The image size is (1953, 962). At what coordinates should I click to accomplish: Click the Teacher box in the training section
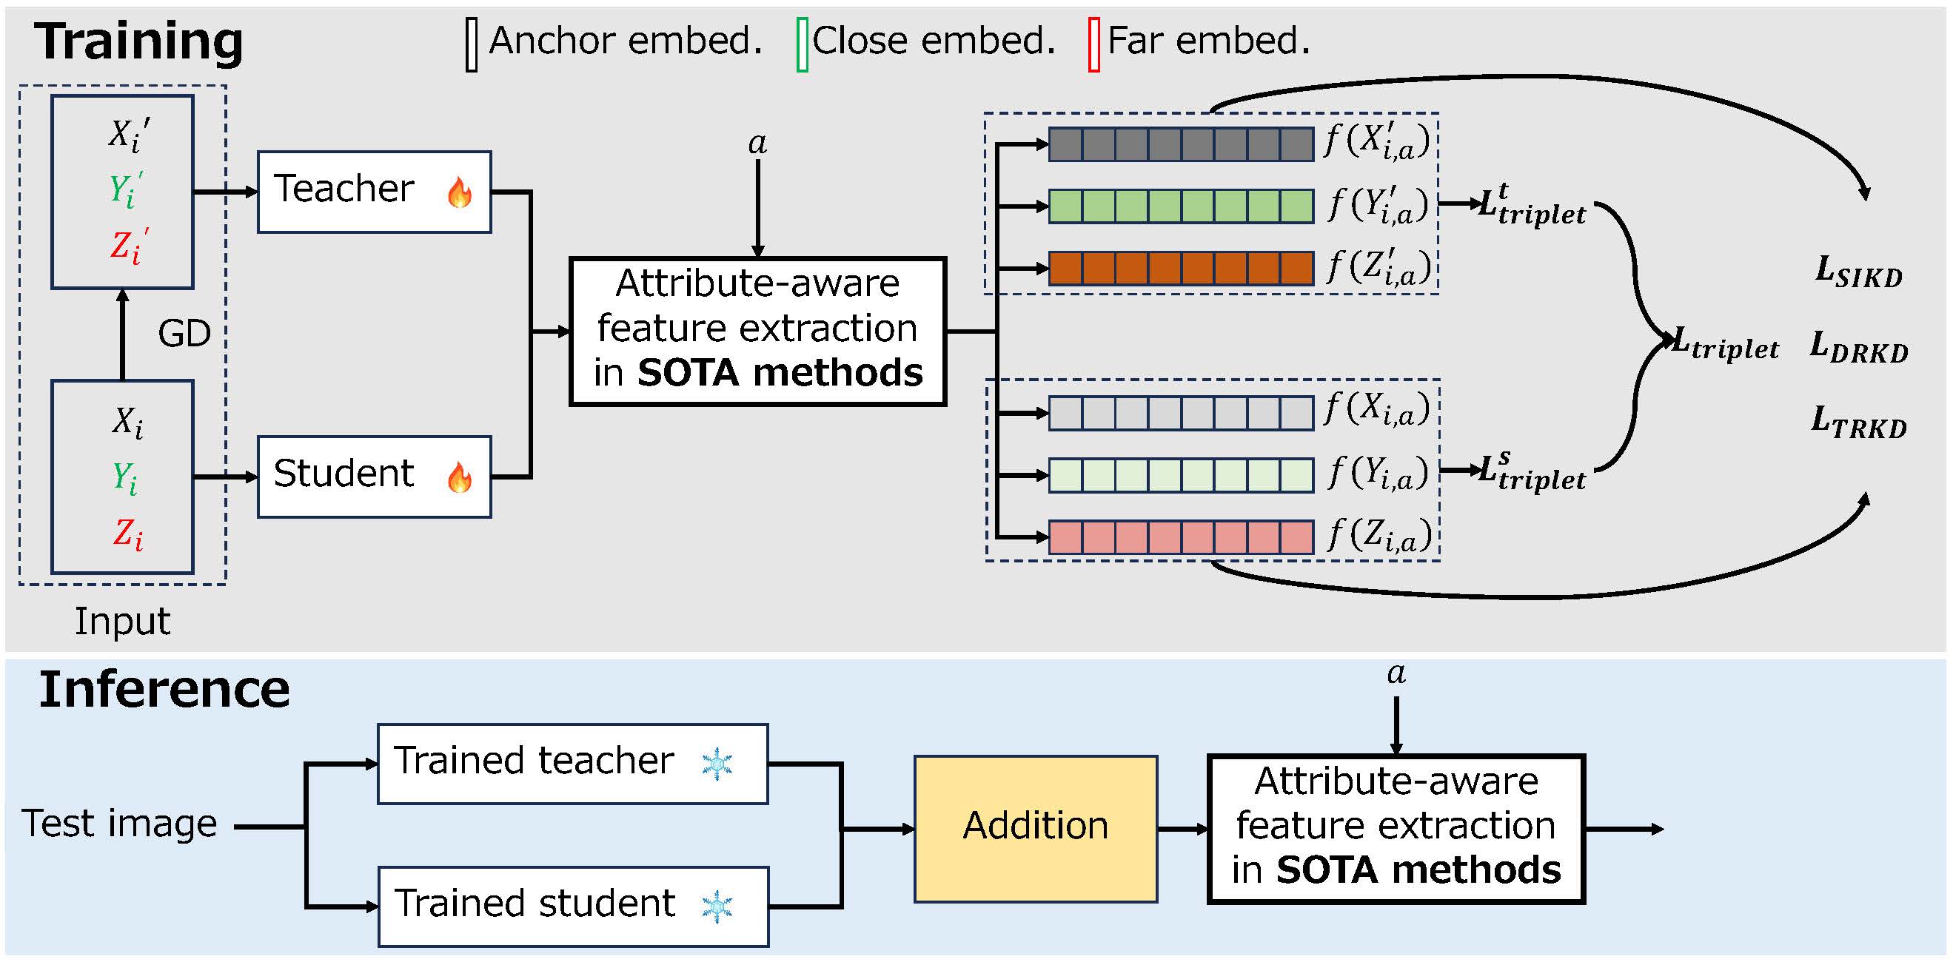tap(374, 192)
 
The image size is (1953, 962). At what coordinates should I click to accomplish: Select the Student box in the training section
tap(374, 477)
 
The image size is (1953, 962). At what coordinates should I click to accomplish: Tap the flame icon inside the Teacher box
tap(460, 192)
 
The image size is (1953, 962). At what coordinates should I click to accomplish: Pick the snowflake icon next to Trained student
tap(717, 906)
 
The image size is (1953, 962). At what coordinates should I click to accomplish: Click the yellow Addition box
tap(1035, 829)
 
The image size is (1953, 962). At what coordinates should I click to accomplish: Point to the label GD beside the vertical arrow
tap(184, 334)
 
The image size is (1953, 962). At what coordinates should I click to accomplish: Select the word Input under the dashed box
tap(122, 622)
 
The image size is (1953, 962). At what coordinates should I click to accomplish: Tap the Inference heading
tap(164, 690)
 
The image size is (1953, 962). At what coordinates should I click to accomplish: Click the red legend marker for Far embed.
tap(1093, 44)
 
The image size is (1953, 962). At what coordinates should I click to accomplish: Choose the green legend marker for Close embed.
tap(802, 44)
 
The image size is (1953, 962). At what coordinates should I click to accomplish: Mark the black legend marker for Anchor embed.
tap(472, 44)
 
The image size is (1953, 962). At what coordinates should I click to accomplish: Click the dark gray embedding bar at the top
tap(1180, 144)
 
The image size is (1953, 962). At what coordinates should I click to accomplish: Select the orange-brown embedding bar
tap(1180, 269)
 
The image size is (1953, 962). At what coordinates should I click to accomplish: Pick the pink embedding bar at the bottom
tap(1180, 536)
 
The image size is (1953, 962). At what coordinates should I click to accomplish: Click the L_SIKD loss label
tap(1859, 272)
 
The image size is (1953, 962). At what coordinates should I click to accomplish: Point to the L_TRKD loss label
tap(1859, 423)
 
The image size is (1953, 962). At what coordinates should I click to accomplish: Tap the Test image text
tap(119, 824)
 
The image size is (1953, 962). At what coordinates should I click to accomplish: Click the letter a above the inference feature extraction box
tap(1396, 673)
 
